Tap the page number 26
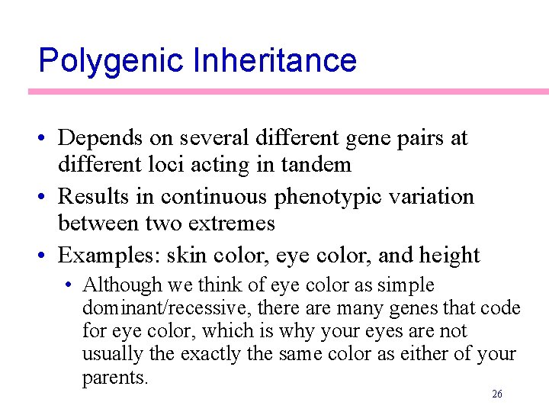[x=497, y=394]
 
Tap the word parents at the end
[x=115, y=378]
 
